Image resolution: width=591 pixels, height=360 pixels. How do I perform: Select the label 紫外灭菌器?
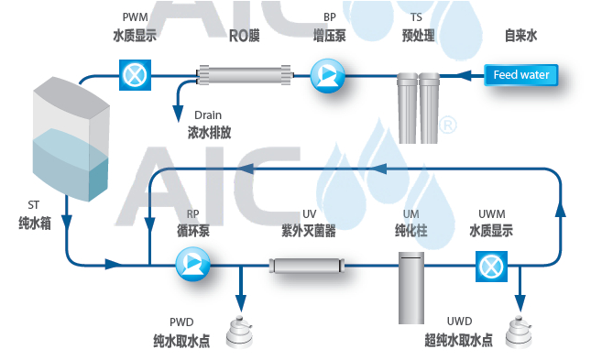pyautogui.click(x=309, y=230)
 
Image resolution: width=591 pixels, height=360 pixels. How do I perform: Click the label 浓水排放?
pyautogui.click(x=210, y=132)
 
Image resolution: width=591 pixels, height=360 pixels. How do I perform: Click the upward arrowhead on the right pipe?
pyautogui.click(x=560, y=208)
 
